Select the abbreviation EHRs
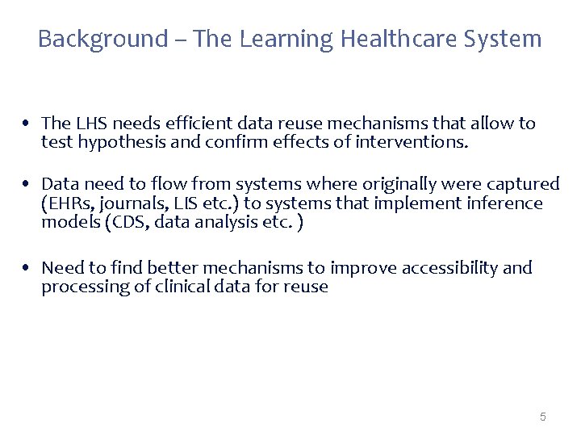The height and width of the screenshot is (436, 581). click(x=67, y=203)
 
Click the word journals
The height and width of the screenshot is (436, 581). click(x=132, y=203)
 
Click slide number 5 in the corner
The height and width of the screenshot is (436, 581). click(x=542, y=417)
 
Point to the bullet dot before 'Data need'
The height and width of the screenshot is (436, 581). click(x=27, y=185)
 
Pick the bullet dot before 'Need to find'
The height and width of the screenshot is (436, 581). click(x=27, y=268)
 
